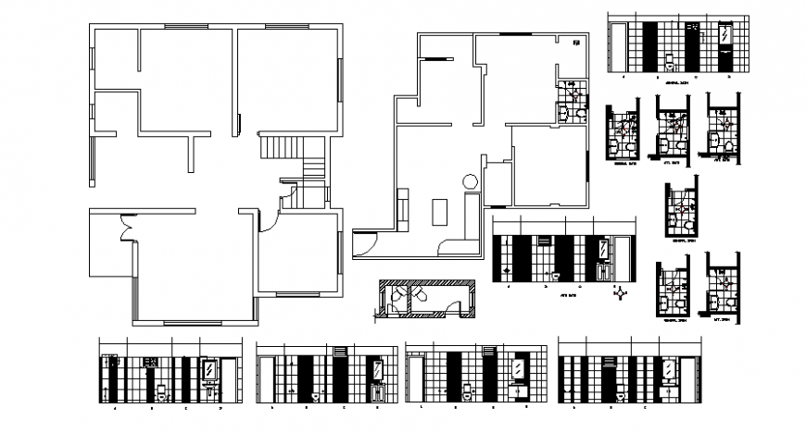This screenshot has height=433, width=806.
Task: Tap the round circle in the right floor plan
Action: tap(470, 181)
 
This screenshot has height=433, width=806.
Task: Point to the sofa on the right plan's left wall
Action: tap(403, 209)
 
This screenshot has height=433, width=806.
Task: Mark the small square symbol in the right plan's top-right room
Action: tap(575, 42)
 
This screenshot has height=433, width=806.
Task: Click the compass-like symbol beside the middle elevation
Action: tap(619, 294)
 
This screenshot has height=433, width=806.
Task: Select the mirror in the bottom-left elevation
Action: tap(211, 370)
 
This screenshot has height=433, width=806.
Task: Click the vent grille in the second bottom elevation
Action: tap(340, 352)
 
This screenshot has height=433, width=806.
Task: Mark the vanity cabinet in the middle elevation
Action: tap(604, 271)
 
